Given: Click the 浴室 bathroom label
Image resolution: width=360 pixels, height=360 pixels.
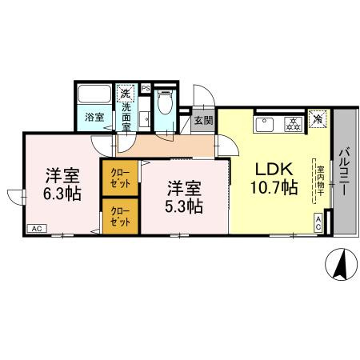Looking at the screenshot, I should tap(94, 118).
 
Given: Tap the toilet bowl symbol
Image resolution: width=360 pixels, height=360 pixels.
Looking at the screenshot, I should tap(166, 104).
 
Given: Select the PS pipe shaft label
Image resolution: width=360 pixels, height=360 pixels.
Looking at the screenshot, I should tap(146, 87).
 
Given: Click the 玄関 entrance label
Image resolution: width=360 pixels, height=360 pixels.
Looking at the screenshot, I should tap(202, 121).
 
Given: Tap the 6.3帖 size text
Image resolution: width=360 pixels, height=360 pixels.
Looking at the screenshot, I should tap(61, 194).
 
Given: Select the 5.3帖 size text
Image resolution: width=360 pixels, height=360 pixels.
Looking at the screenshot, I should tap(184, 206).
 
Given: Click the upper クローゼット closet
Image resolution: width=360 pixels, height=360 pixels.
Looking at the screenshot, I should tap(119, 178).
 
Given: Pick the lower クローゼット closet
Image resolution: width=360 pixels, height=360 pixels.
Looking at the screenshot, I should tap(119, 218).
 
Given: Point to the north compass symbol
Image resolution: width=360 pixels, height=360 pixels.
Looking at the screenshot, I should tap(341, 264).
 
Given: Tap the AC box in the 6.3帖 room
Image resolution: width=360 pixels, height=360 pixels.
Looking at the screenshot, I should tap(36, 229).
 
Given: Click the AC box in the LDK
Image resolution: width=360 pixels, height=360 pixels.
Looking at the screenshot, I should tap(318, 225).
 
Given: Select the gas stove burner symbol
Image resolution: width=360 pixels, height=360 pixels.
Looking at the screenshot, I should tap(293, 124).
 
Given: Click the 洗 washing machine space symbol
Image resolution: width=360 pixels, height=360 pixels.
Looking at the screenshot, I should tap(126, 94).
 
